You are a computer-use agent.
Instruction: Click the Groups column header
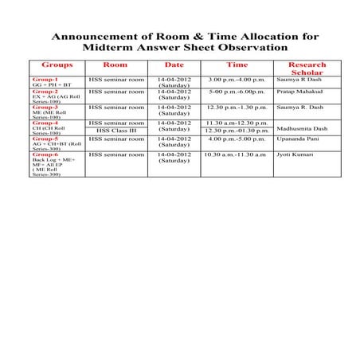click(57, 65)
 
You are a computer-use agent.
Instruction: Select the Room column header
click(115, 65)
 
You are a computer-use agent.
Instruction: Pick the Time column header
click(237, 65)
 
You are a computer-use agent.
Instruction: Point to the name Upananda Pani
click(300, 138)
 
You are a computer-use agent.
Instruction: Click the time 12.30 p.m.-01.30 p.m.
click(237, 130)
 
